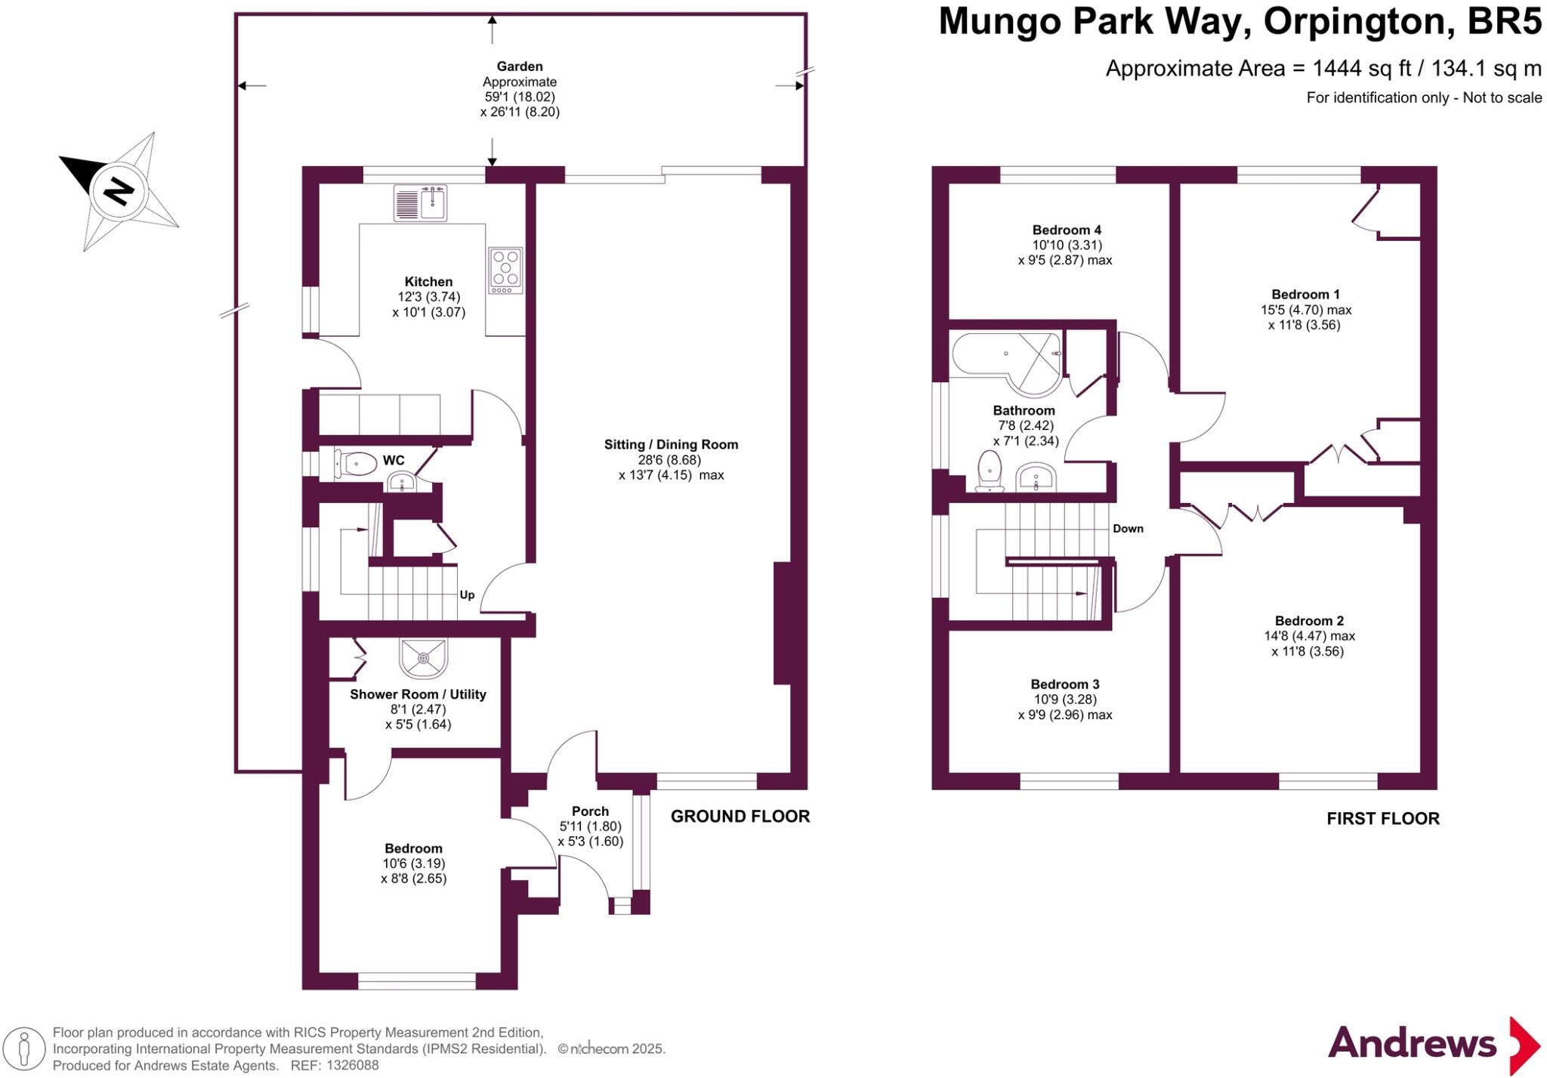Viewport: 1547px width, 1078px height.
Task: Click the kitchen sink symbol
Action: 420,202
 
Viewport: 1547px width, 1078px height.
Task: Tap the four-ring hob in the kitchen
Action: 505,270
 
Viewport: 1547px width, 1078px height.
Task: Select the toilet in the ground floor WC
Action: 356,464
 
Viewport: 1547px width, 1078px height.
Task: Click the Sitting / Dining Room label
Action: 671,444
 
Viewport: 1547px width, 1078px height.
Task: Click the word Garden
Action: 520,66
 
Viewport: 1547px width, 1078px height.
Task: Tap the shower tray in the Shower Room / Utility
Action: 424,659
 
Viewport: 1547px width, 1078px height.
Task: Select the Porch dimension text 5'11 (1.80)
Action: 590,826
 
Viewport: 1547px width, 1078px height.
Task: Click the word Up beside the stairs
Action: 467,595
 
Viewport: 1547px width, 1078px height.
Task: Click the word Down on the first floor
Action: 1128,529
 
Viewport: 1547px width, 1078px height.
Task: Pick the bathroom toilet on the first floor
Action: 990,471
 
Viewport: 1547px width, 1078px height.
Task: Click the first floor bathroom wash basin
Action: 1036,477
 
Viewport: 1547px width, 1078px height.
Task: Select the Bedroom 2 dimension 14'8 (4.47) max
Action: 1309,636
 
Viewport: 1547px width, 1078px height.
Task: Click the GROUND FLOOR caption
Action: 740,816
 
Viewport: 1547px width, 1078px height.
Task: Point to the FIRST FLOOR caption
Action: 1382,818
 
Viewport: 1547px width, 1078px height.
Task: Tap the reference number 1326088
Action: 354,1065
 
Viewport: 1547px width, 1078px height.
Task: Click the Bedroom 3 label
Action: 1064,684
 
